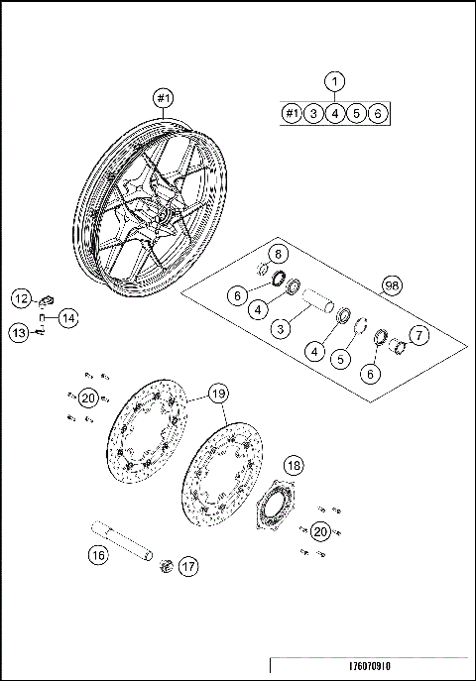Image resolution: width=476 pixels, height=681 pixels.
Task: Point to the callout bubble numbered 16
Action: [x=97, y=555]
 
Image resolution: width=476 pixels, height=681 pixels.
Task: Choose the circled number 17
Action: [x=187, y=567]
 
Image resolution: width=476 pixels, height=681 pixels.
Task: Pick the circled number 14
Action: [x=66, y=318]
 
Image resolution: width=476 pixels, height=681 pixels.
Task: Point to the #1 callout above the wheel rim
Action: [x=164, y=98]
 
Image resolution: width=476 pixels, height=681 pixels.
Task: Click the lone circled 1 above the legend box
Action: [x=336, y=81]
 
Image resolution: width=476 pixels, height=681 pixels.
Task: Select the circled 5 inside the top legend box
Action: [x=358, y=113]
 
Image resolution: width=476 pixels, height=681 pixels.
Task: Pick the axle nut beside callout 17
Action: [x=166, y=565]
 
